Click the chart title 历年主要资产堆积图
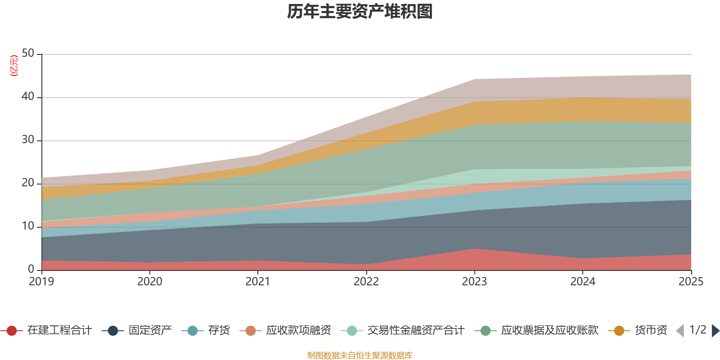360,12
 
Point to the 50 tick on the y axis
28,54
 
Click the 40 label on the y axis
28,97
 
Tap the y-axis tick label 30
28,140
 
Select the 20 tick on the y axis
28,183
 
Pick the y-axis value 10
28,226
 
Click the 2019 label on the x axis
41,282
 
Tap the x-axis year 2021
258,282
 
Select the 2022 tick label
366,282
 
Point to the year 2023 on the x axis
474,282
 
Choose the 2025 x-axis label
690,282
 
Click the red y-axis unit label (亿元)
14,66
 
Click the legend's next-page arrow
715,331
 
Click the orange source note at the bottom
360,355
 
